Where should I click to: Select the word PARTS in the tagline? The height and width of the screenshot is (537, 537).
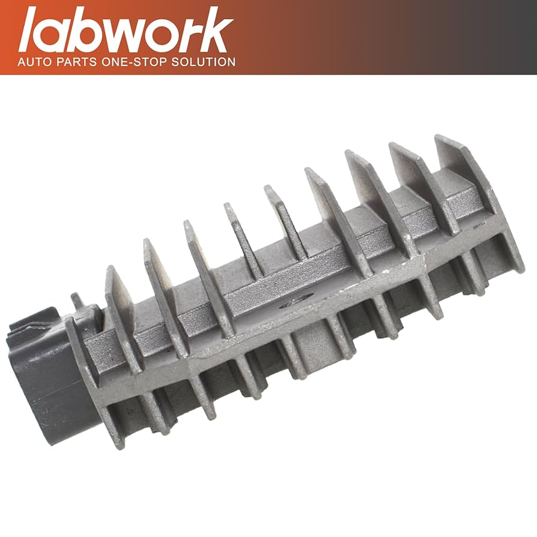tap(77, 62)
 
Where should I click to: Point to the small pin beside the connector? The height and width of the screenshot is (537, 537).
tap(77, 300)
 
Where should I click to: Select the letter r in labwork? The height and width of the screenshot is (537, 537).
tap(191, 36)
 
